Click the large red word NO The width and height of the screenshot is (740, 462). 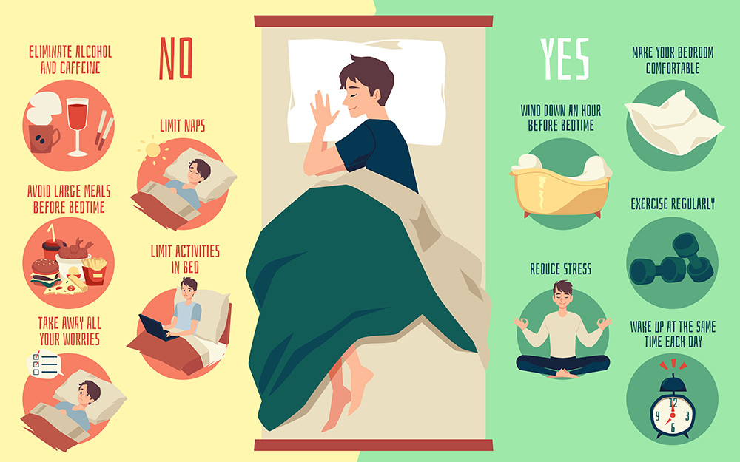[175, 58]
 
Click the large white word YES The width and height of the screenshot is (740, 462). [565, 59]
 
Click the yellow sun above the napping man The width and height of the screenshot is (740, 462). [152, 149]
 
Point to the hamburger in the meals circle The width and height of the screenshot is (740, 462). [45, 272]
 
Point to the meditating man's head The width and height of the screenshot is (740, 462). [562, 295]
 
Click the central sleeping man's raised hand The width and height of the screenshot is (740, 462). [323, 109]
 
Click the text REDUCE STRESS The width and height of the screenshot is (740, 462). [561, 269]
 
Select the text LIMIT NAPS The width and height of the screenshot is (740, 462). [183, 126]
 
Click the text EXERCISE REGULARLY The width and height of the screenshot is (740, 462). [673, 204]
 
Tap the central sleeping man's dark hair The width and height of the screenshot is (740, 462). [368, 75]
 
